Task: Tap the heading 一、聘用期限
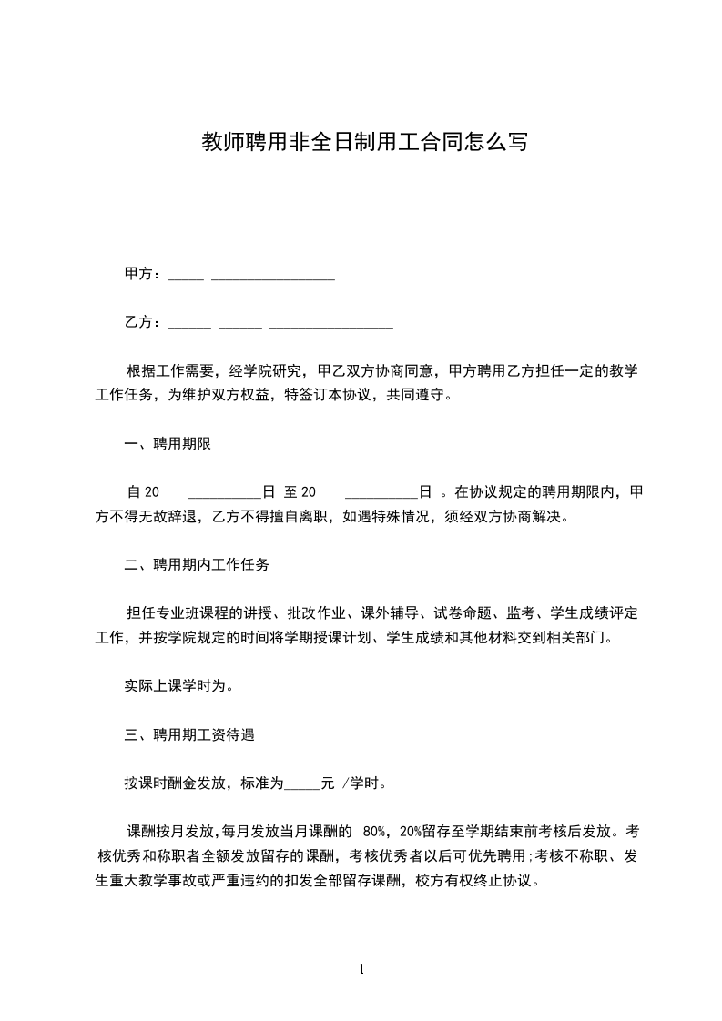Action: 168,444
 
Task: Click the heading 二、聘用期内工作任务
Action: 197,565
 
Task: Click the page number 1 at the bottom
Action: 361,969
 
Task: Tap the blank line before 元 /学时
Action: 303,782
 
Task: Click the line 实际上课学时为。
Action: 178,686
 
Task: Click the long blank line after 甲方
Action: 273,276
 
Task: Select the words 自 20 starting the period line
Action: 144,492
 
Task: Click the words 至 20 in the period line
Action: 300,492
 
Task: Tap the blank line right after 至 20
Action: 381,495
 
